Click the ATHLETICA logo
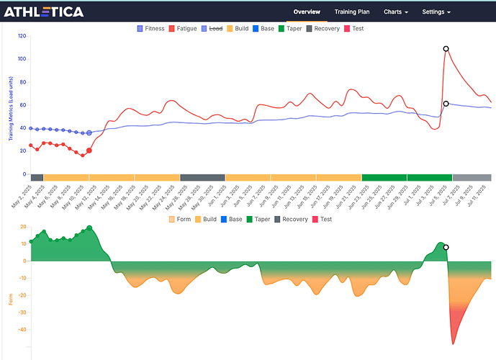(x=44, y=12)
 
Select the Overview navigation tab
(x=307, y=12)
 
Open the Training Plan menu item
(x=352, y=12)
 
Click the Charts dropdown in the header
(x=396, y=12)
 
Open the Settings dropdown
(x=436, y=12)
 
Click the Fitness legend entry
(x=150, y=29)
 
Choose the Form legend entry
(x=179, y=219)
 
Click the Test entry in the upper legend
(x=353, y=29)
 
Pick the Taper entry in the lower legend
(x=260, y=219)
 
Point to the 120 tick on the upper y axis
(x=22, y=36)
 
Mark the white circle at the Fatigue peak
(x=446, y=49)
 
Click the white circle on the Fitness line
(x=446, y=104)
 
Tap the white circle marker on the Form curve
(x=446, y=247)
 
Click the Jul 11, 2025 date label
(x=486, y=195)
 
